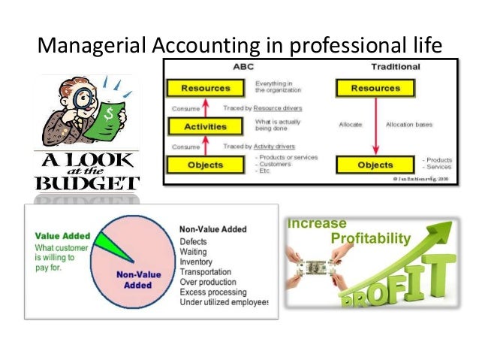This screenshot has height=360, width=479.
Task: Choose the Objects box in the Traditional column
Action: pyautogui.click(x=375, y=165)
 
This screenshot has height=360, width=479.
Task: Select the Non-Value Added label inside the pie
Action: pyautogui.click(x=135, y=279)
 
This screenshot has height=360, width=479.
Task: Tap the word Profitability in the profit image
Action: pyautogui.click(x=371, y=239)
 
